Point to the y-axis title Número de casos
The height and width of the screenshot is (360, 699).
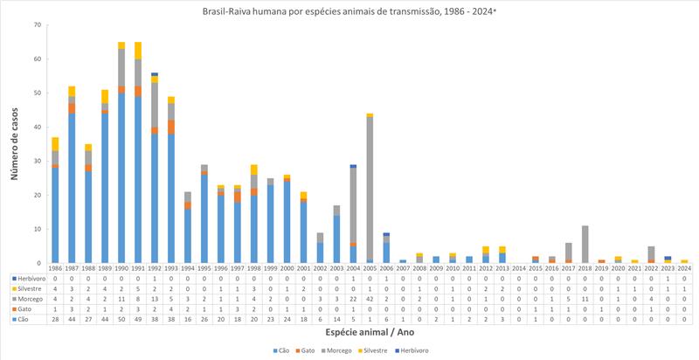[16, 144]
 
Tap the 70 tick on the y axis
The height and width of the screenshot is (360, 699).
[38, 24]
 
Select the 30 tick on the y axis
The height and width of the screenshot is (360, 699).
[38, 161]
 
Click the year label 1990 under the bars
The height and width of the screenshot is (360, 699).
[121, 269]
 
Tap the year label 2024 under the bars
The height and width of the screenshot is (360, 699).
[684, 269]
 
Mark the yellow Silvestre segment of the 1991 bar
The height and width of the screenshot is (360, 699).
[137, 50]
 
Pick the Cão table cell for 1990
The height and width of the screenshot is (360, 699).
[121, 319]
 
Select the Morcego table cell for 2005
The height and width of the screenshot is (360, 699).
[370, 298]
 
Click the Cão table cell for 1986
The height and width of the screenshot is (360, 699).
[54, 319]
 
